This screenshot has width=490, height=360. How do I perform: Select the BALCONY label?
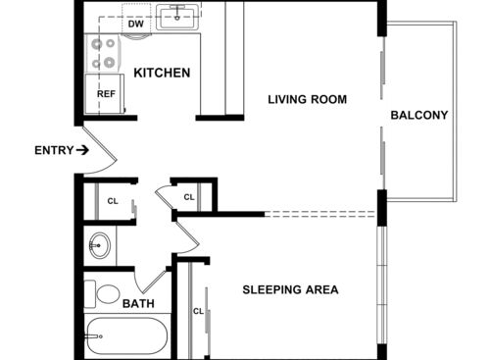pos(418,115)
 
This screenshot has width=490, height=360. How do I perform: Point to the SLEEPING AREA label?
pos(290,289)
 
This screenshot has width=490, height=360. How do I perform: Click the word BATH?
pos(137,304)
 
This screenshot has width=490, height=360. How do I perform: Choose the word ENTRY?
pos(53,150)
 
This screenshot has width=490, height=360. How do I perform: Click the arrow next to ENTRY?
pos(83,150)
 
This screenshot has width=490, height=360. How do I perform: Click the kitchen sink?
pos(177,16)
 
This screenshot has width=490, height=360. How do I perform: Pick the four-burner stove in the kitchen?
pos(102,52)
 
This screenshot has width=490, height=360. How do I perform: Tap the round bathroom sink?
pos(99,245)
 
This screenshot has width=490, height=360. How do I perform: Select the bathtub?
pos(127,336)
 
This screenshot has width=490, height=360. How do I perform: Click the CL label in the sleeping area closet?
pos(198,312)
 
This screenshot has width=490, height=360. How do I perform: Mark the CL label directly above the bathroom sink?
pos(112,203)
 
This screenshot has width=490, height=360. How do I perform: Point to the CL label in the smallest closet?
pos(189,197)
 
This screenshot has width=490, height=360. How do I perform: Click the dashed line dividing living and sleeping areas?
pos(321,213)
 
